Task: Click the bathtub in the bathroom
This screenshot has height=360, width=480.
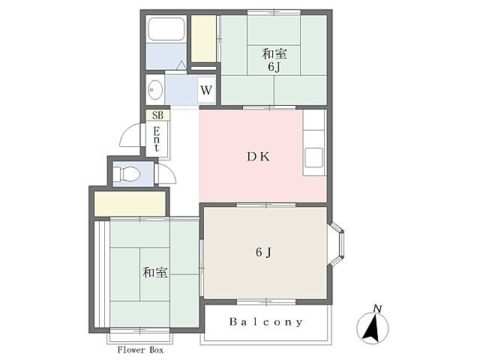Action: pyautogui.click(x=166, y=28)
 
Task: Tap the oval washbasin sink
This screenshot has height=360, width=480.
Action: pyautogui.click(x=155, y=90)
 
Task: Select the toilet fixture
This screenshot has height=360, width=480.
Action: pyautogui.click(x=127, y=174)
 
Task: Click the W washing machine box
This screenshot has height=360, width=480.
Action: pyautogui.click(x=206, y=90)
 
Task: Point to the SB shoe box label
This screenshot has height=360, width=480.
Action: pyautogui.click(x=157, y=115)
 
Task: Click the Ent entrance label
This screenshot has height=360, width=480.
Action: pyautogui.click(x=157, y=139)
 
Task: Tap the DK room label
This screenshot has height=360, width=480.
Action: pyautogui.click(x=258, y=157)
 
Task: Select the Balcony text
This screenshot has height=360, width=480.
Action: pyautogui.click(x=266, y=322)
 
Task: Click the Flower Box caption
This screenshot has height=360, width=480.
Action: pyautogui.click(x=140, y=350)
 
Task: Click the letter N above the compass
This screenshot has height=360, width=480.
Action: pyautogui.click(x=378, y=309)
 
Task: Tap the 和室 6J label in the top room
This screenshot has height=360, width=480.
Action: pyautogui.click(x=274, y=60)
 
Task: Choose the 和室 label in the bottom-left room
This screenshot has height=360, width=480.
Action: pyautogui.click(x=155, y=272)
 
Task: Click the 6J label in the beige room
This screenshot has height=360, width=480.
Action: pyautogui.click(x=263, y=252)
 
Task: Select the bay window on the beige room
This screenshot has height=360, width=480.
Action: pyautogui.click(x=336, y=244)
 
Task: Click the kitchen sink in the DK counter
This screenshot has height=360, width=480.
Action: pyautogui.click(x=313, y=157)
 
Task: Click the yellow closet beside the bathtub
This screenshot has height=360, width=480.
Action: pyautogui.click(x=203, y=38)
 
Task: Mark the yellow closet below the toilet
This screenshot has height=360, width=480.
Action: pyautogui.click(x=130, y=203)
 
